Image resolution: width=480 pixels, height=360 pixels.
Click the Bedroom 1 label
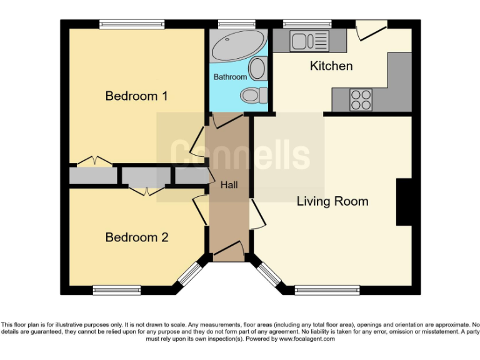point(136,96)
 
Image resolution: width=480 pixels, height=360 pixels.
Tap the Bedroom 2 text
point(136,237)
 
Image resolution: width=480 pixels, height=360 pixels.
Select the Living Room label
point(332,201)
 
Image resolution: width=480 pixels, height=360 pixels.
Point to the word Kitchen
point(331,66)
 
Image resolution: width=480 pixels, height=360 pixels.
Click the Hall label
point(228,185)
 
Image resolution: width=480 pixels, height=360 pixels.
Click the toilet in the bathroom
point(253,96)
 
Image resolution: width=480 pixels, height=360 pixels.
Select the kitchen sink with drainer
point(309,41)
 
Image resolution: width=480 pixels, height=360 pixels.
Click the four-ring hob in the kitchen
point(361,98)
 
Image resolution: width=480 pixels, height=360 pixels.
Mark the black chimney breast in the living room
point(404,202)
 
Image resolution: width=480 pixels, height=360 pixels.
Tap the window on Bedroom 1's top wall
point(132,24)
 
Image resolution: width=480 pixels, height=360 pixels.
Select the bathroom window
point(237,24)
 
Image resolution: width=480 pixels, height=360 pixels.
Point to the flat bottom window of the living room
point(322,289)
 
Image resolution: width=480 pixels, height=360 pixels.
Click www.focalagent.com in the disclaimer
point(306,339)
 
